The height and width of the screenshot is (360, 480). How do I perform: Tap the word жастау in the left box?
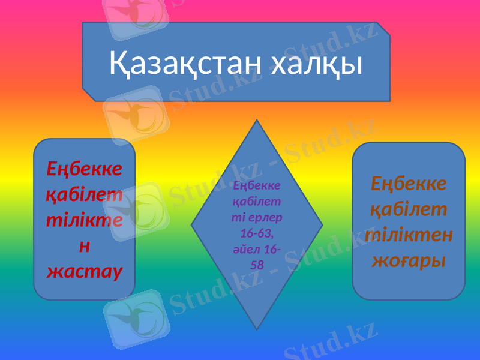pyautogui.click(x=84, y=271)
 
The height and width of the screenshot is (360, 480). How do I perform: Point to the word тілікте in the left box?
pyautogui.click(x=84, y=220)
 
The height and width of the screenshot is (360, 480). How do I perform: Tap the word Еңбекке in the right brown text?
pyautogui.click(x=409, y=183)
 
